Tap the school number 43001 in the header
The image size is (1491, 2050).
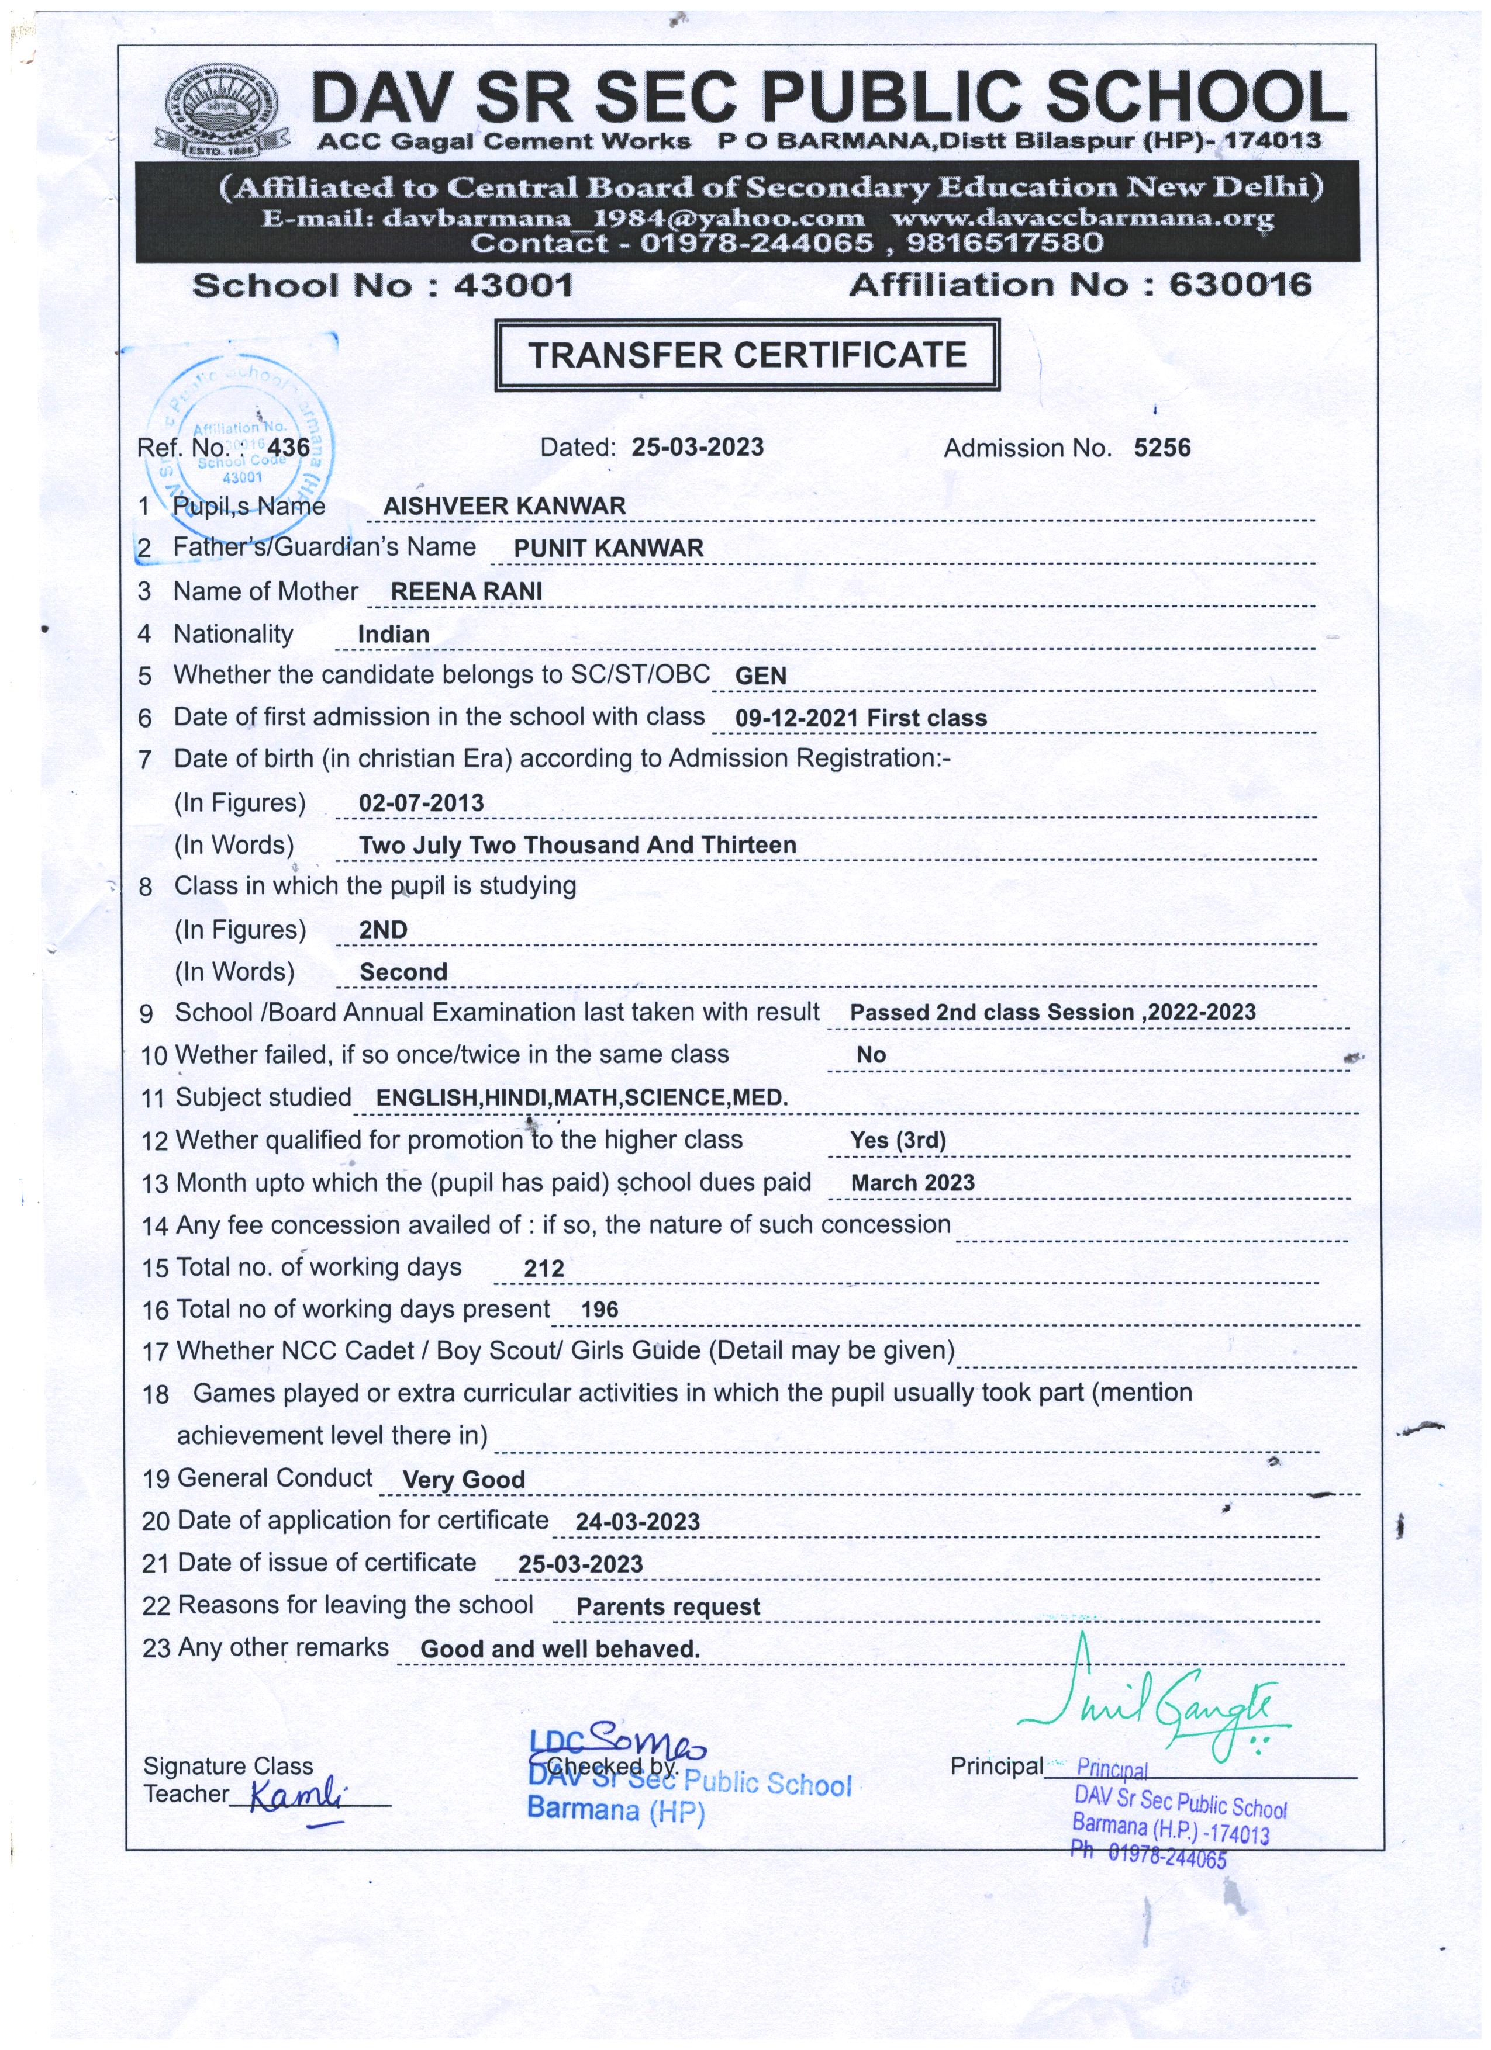click(513, 286)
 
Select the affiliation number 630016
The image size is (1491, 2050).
click(1240, 285)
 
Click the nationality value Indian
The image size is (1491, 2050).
click(394, 635)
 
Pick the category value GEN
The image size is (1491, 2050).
click(761, 676)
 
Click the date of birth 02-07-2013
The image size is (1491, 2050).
click(422, 803)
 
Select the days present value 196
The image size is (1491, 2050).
click(599, 1310)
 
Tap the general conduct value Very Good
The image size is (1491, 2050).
click(463, 1480)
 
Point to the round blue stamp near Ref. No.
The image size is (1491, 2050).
click(240, 434)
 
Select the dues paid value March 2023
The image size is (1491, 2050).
click(912, 1183)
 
